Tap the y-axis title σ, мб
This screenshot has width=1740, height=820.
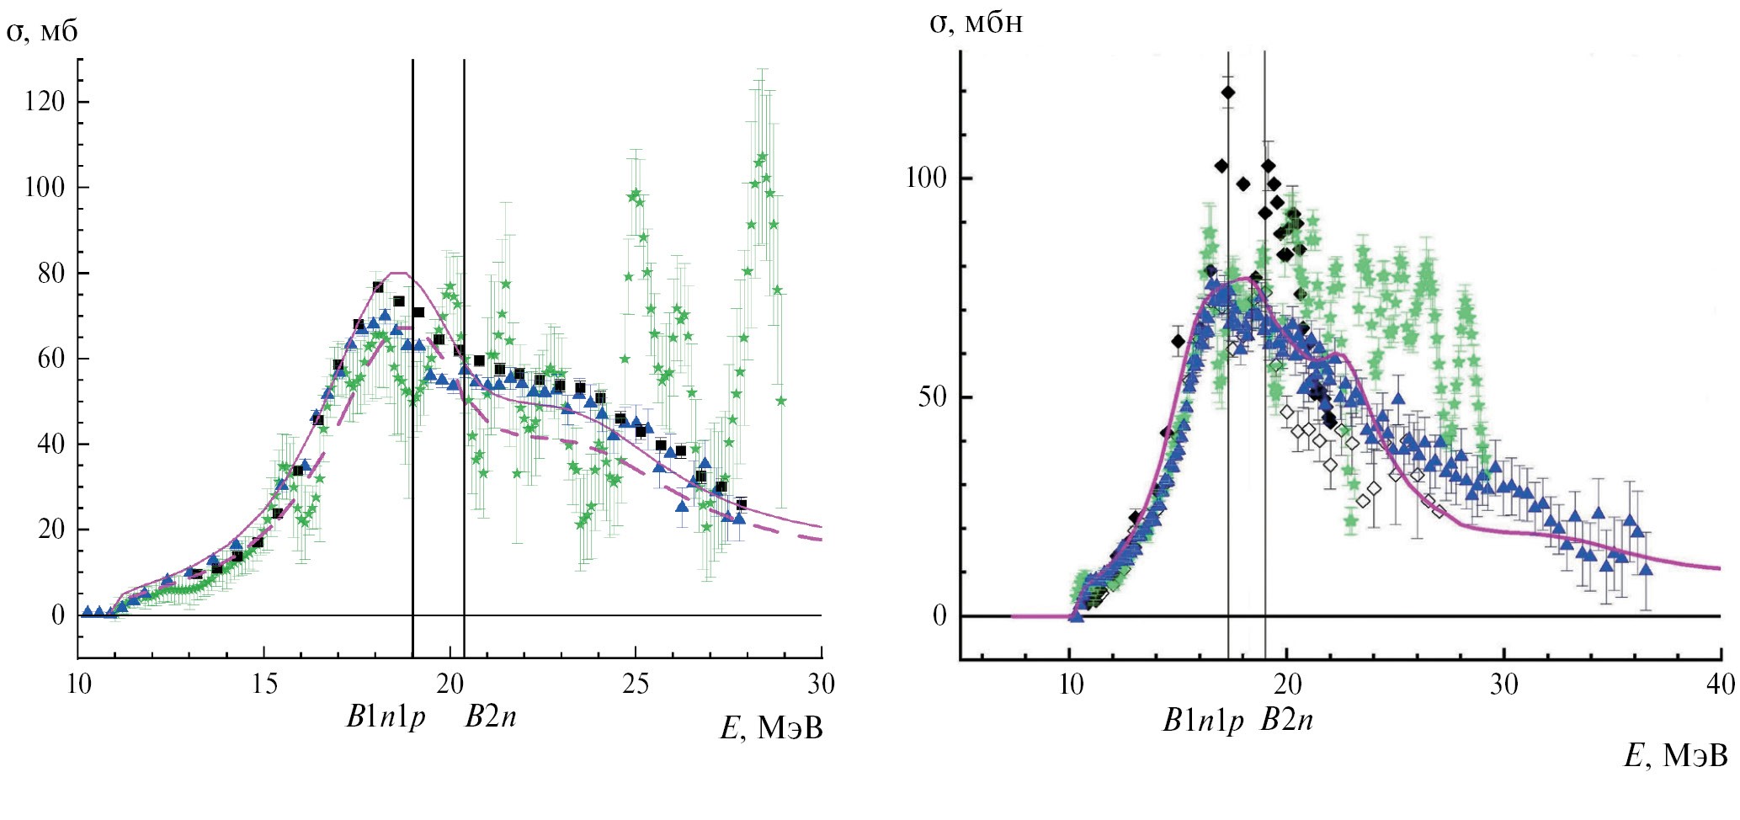pyautogui.click(x=43, y=32)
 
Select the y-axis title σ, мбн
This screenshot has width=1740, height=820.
pyautogui.click(x=976, y=23)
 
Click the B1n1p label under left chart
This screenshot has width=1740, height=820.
pyautogui.click(x=386, y=716)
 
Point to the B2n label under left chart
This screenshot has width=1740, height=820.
pyautogui.click(x=491, y=716)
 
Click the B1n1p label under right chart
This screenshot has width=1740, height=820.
pyautogui.click(x=1203, y=721)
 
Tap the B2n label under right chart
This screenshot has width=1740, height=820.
pyautogui.click(x=1286, y=721)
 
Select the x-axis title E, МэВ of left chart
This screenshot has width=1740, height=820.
pyautogui.click(x=771, y=728)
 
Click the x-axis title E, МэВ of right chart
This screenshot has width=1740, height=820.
pyautogui.click(x=1675, y=756)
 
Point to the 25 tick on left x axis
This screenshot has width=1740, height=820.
pyautogui.click(x=636, y=684)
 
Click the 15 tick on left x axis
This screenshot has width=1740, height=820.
pyautogui.click(x=264, y=684)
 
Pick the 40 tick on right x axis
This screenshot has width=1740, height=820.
pyautogui.click(x=1721, y=684)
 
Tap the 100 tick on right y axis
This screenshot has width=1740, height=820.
pyautogui.click(x=926, y=178)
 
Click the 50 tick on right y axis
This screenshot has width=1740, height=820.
pyautogui.click(x=933, y=397)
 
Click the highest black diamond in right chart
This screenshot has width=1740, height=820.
pyautogui.click(x=1228, y=92)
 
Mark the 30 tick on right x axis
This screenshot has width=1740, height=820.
pyautogui.click(x=1503, y=684)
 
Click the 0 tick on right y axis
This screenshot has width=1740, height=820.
pyautogui.click(x=939, y=616)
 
